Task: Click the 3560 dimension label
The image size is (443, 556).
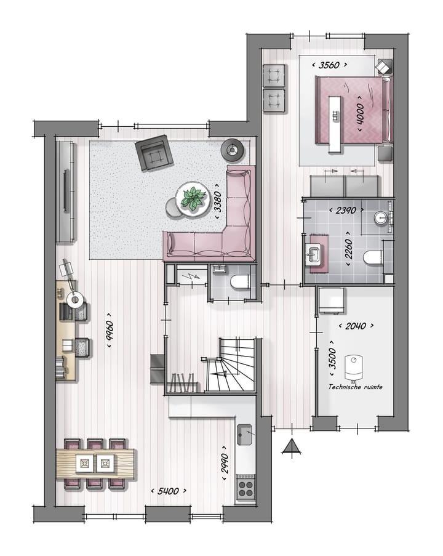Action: [330, 64]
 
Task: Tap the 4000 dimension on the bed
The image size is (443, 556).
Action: [360, 113]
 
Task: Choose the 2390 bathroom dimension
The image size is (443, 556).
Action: [345, 210]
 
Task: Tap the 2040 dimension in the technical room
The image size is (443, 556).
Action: [356, 325]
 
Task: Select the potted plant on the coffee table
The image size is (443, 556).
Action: [193, 198]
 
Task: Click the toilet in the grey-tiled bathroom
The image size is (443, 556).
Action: [373, 258]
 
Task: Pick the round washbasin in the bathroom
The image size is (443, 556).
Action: [382, 217]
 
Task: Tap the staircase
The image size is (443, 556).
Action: [229, 367]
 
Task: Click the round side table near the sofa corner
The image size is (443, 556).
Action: [233, 148]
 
